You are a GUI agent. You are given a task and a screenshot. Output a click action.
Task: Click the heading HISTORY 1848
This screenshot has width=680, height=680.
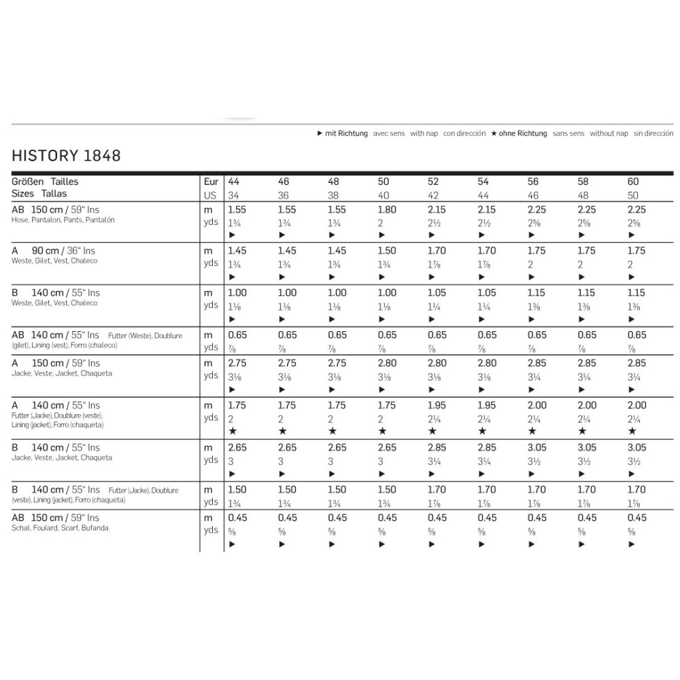click(x=66, y=156)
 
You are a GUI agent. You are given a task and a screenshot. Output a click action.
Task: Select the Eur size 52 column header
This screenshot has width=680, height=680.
click(x=433, y=182)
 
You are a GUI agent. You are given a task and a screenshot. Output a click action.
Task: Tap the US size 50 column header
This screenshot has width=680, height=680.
click(x=633, y=194)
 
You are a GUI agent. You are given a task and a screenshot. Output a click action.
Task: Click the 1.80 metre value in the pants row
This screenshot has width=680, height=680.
click(x=388, y=210)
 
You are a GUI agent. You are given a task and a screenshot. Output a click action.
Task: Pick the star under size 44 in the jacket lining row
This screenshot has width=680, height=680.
click(x=233, y=432)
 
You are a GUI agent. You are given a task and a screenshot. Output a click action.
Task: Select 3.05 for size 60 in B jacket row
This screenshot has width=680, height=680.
click(x=636, y=448)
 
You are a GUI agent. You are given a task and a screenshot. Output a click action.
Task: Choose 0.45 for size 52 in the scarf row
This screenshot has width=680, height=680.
click(x=437, y=517)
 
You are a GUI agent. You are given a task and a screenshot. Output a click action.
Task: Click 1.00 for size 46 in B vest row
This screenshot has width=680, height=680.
click(x=288, y=293)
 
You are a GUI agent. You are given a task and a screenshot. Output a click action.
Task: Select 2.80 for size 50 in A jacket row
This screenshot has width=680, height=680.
click(x=388, y=363)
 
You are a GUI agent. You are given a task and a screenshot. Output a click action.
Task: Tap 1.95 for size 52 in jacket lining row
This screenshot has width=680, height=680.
click(x=437, y=405)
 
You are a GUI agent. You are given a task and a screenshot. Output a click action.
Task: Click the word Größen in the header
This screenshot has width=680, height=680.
click(x=28, y=182)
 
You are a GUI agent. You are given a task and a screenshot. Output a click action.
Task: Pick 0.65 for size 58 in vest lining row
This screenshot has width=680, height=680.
click(x=586, y=335)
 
